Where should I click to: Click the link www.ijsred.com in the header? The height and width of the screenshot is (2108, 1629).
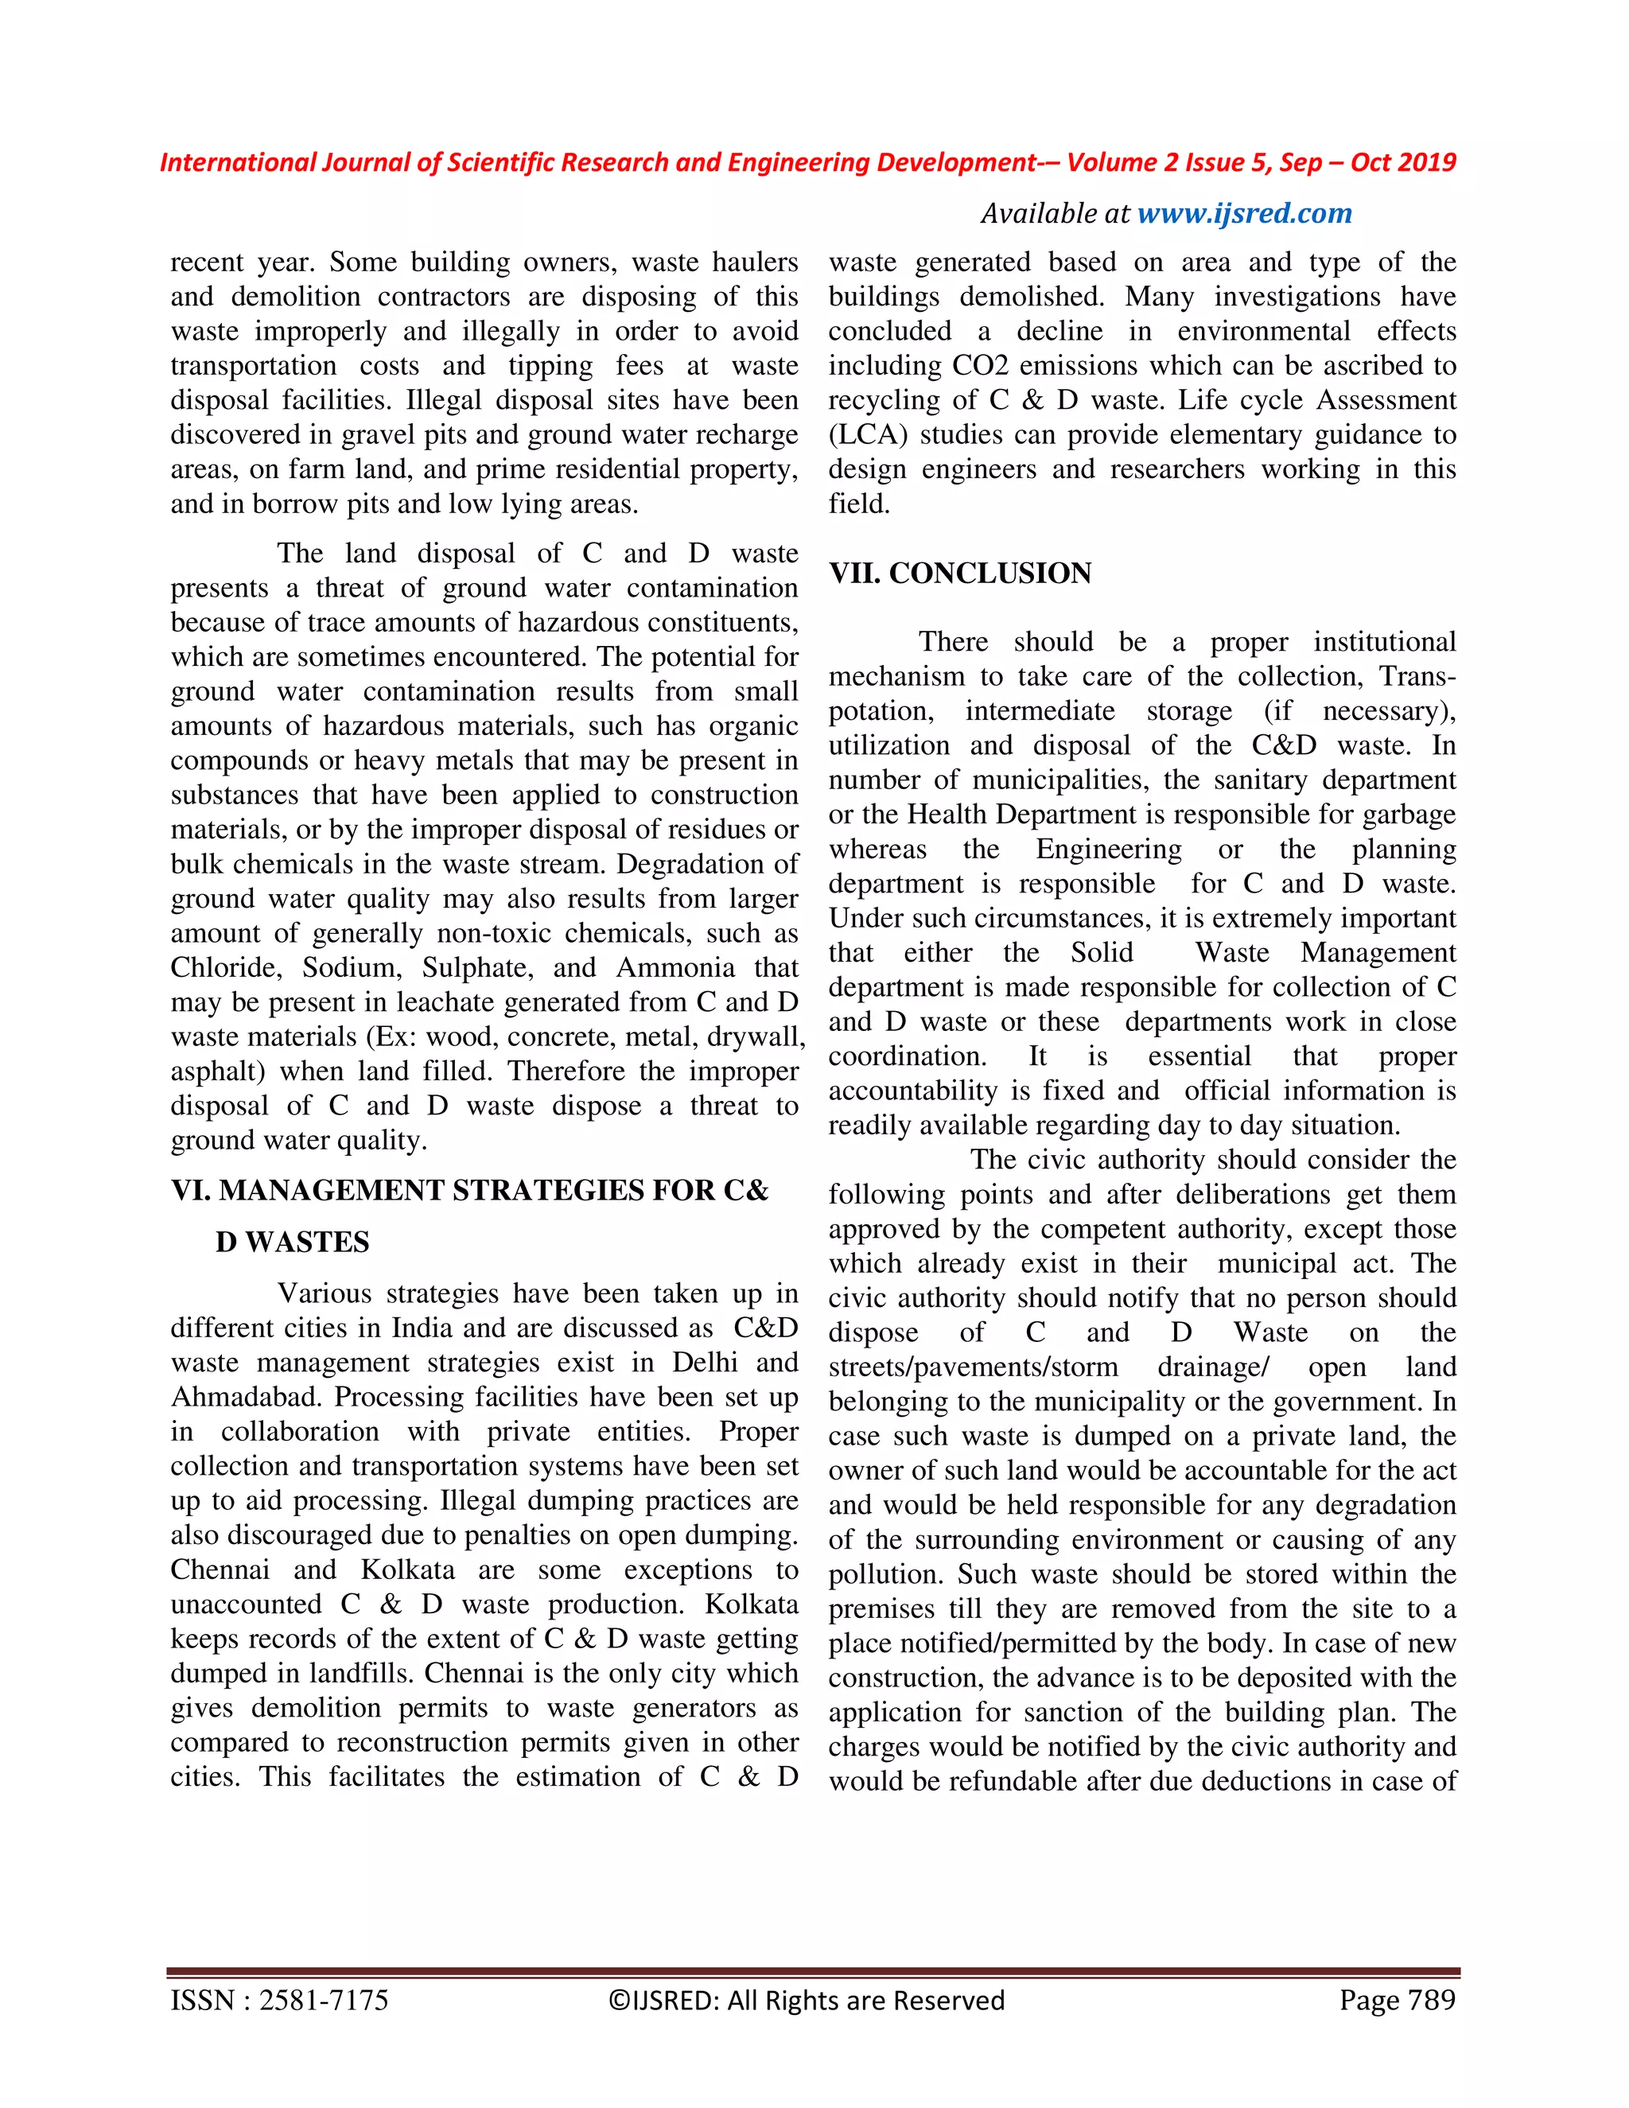click(x=1244, y=213)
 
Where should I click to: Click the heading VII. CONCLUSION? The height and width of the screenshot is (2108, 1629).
click(x=960, y=574)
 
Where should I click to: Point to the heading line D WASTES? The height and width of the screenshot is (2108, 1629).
click(x=291, y=1243)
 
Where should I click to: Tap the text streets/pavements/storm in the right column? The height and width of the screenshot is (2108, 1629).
click(x=973, y=1367)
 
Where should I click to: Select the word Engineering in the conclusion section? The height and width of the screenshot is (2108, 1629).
click(x=1108, y=850)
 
